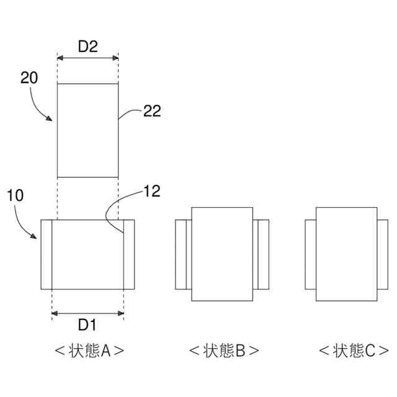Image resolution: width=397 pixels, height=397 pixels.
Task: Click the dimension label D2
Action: [87, 45]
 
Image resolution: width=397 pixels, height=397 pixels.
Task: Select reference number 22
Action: [152, 111]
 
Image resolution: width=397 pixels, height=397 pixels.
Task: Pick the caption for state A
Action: [89, 351]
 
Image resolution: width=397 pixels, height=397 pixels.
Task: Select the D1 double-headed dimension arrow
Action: [87, 313]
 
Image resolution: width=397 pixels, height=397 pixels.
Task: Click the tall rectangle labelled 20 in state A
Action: [87, 130]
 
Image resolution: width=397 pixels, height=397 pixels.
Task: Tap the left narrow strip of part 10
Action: [46, 254]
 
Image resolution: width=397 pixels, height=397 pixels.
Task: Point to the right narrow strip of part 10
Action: [128, 254]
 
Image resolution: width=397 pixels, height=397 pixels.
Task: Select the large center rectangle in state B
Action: [222, 254]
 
